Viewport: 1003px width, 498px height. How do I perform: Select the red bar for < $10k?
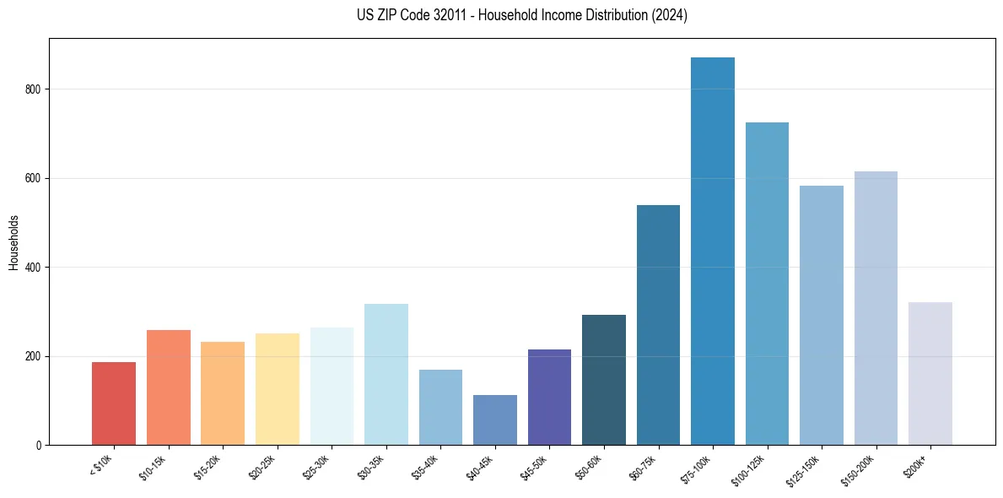pos(114,403)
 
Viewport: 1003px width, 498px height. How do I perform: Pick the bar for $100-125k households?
pos(767,284)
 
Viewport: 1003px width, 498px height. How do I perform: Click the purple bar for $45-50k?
pos(549,397)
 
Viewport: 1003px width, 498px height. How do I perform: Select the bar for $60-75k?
pos(658,325)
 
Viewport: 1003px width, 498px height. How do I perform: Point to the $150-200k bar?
pos(876,308)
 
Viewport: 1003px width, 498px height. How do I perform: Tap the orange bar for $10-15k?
pos(168,387)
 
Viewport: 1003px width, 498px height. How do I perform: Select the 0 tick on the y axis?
pos(39,446)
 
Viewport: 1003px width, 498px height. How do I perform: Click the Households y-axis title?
pos(13,242)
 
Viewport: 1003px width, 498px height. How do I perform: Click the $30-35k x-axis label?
pos(372,467)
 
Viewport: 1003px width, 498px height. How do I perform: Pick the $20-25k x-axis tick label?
pos(263,467)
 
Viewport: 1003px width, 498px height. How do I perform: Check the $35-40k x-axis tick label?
pos(427,467)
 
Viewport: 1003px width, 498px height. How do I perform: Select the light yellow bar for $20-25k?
pos(277,389)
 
